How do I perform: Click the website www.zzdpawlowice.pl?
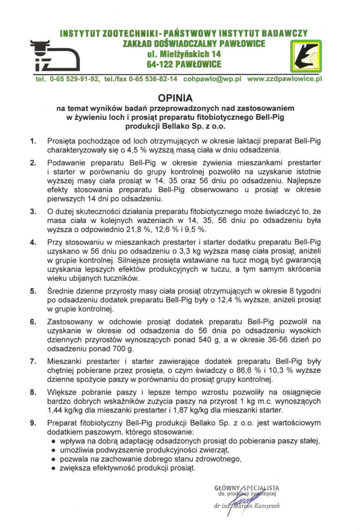[285, 79]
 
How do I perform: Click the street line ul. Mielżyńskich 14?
[183, 54]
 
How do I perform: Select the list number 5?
[33, 290]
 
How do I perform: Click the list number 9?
[33, 423]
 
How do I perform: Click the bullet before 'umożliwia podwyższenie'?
[55, 450]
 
